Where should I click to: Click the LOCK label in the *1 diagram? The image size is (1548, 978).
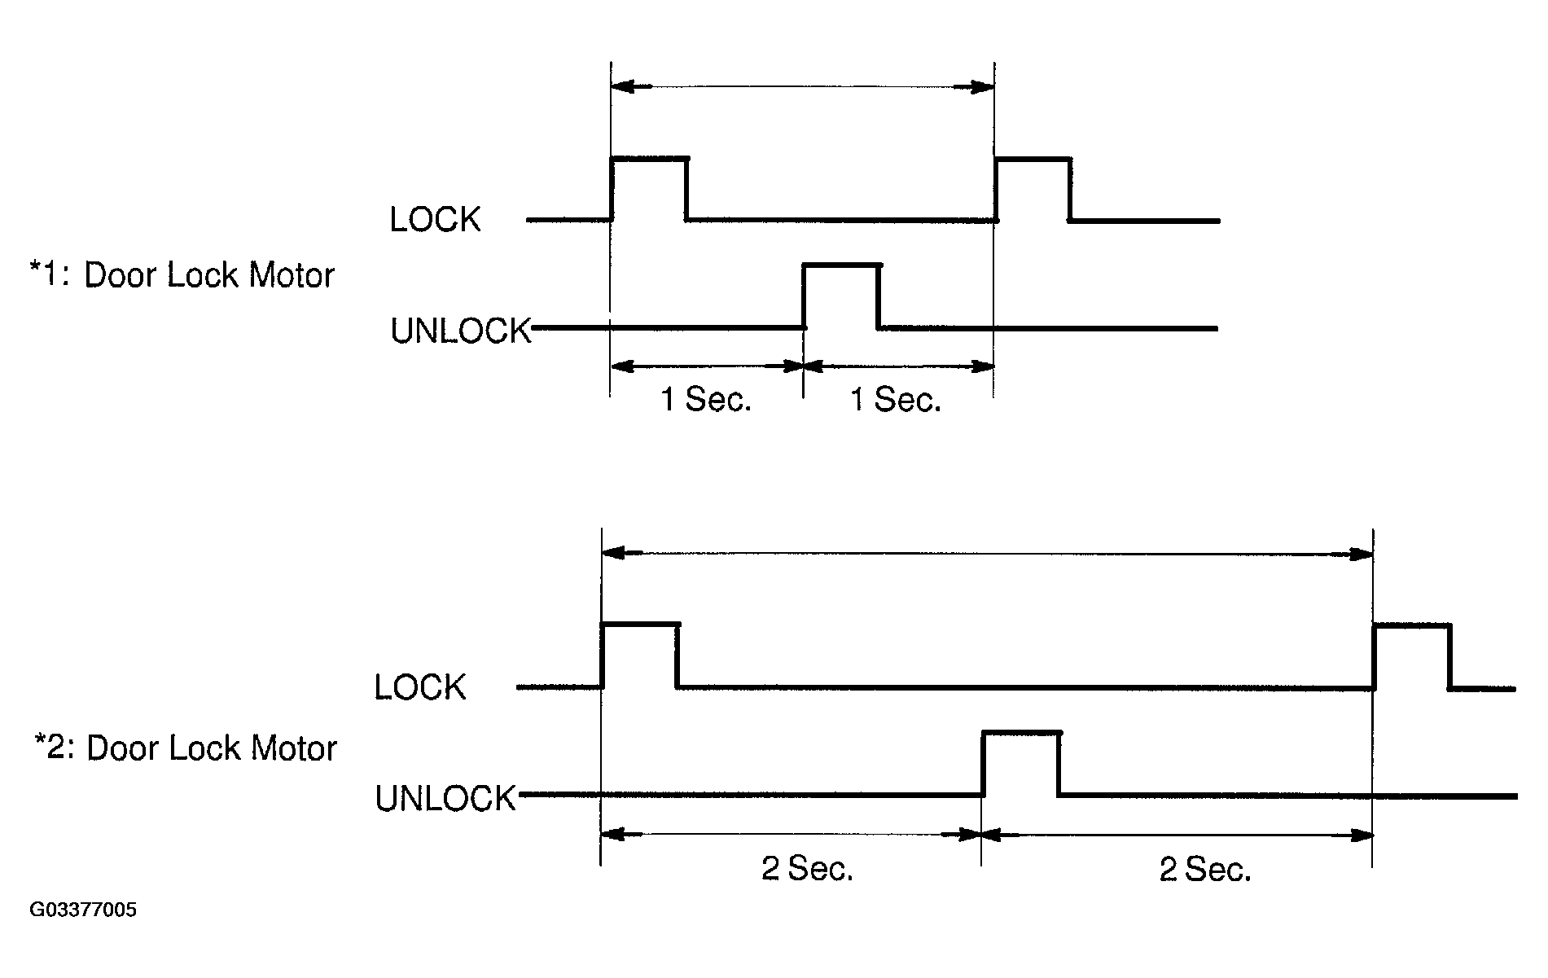point(435,220)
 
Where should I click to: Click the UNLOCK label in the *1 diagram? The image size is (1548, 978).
point(460,331)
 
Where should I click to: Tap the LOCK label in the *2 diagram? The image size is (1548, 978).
point(419,687)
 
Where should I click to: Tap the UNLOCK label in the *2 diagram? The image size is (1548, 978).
point(445,798)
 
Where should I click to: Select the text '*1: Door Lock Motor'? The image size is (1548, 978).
point(182,275)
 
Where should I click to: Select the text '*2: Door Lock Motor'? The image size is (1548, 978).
point(185,748)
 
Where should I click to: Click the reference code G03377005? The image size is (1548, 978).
point(83,910)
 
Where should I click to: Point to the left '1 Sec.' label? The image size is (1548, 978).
point(706,400)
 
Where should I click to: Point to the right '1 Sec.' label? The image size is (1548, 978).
point(896,400)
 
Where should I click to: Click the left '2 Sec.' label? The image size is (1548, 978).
point(807,870)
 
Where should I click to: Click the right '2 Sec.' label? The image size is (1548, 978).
point(1204,870)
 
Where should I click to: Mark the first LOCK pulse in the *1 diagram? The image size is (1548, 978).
point(649,187)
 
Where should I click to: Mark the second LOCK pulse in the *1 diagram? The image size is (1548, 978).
point(1033,187)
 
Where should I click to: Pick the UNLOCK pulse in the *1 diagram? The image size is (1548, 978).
point(841,295)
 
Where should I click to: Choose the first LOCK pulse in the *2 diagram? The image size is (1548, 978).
point(639,654)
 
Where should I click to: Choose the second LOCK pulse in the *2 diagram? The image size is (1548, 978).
point(1412,655)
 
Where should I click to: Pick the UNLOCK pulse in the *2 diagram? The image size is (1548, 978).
point(1021,762)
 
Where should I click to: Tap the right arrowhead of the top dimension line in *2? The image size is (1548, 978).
point(1362,555)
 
